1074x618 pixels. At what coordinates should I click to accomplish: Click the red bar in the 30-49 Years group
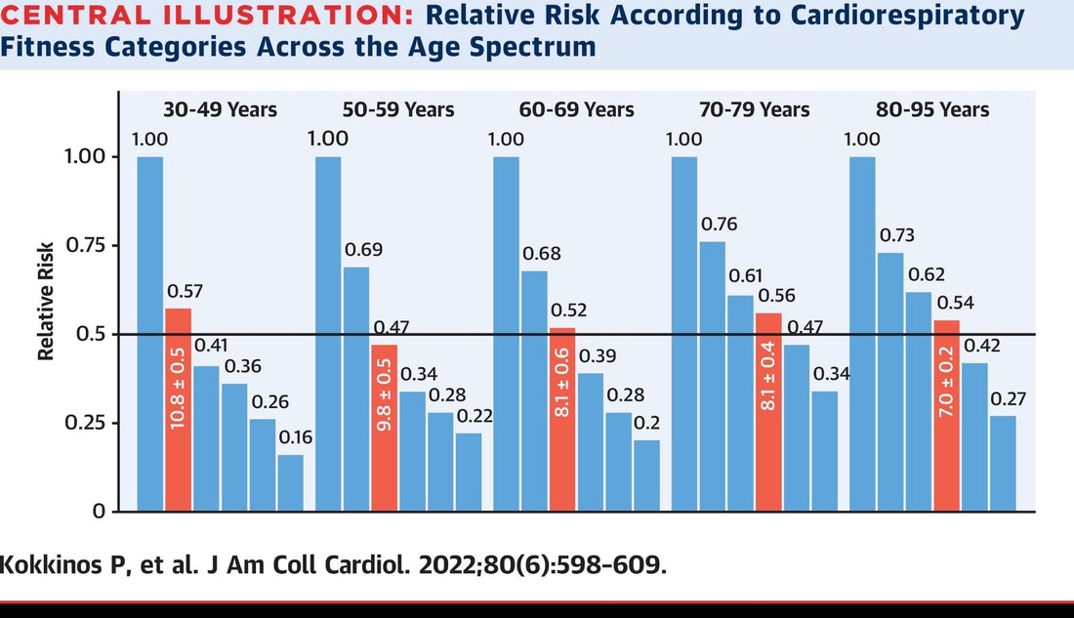click(178, 409)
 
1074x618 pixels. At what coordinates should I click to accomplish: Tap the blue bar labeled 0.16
click(290, 482)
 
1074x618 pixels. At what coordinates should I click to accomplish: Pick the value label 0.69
click(363, 250)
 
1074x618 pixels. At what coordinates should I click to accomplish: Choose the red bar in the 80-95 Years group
click(947, 415)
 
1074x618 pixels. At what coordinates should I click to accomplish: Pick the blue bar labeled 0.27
click(1003, 463)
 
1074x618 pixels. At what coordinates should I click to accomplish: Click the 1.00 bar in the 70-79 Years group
click(685, 333)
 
